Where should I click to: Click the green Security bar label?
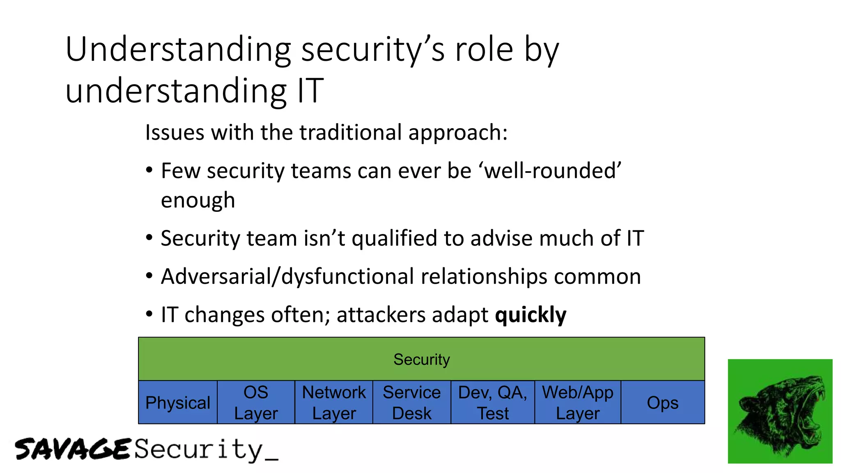421,360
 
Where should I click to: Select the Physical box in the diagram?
177,403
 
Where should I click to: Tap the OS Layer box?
256,403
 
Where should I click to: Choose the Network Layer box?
334,403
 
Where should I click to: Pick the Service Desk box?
411,403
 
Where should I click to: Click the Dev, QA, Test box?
492,403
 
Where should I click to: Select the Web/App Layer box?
577,403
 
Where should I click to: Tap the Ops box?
662,403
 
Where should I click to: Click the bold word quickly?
531,315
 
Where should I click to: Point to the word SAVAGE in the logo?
73,449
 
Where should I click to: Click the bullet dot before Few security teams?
149,170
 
